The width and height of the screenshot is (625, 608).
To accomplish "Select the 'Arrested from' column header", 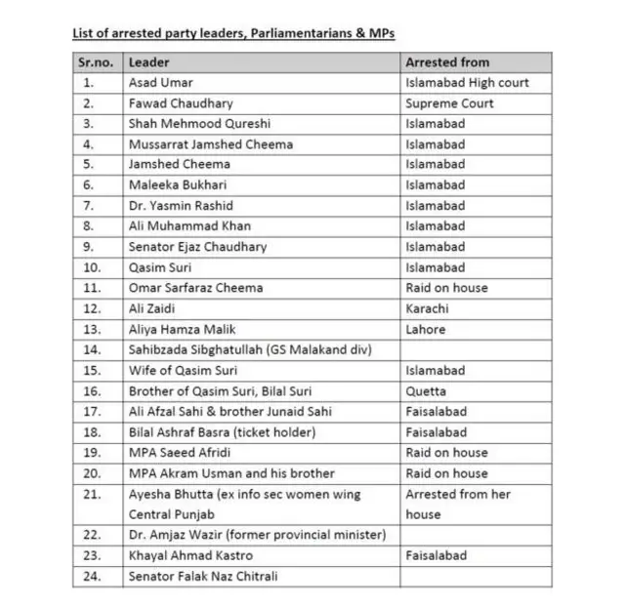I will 447,62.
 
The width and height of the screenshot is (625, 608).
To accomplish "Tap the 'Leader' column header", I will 148,62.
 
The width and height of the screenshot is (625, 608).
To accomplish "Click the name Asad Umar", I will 160,83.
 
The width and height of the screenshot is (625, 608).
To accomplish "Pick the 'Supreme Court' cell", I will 449,103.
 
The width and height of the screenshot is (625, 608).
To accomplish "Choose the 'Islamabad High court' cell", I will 467,83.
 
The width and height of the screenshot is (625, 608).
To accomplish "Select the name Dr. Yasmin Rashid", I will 181,206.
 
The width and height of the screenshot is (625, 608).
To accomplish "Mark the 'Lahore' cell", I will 426,329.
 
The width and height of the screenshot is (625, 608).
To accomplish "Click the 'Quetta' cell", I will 427,391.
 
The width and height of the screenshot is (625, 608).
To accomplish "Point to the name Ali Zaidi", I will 153,308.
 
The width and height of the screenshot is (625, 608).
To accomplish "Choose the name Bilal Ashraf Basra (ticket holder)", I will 223,432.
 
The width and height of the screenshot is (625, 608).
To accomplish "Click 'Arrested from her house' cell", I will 457,504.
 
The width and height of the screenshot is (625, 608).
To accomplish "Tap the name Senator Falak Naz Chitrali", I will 203,576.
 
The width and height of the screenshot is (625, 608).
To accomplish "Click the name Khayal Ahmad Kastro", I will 186,555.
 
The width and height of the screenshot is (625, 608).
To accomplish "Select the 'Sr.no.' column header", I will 97,62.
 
